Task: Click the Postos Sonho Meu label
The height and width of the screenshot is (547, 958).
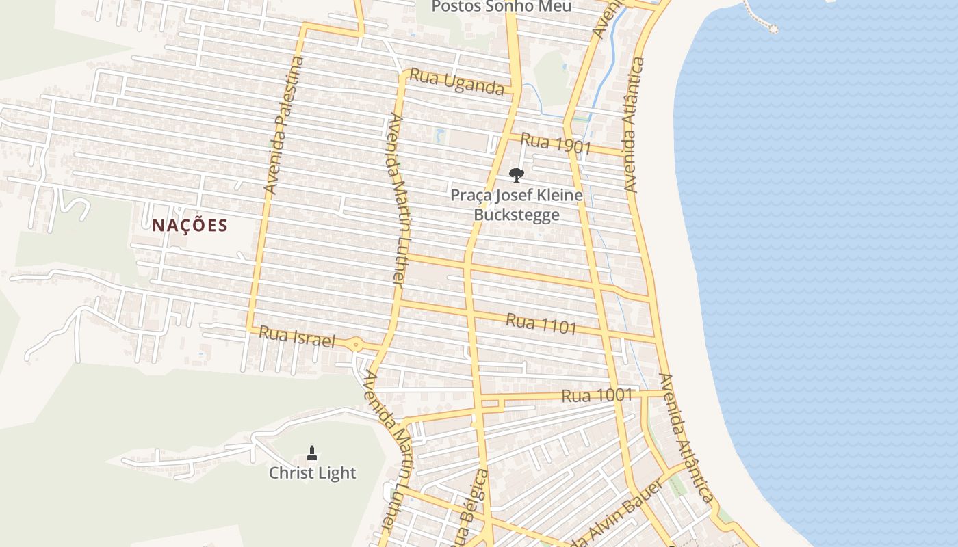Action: click(x=502, y=7)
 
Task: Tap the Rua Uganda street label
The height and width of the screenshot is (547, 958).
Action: click(x=456, y=83)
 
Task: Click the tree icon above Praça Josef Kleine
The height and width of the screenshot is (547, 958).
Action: click(x=517, y=174)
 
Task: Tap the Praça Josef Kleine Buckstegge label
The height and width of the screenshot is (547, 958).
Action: click(x=517, y=205)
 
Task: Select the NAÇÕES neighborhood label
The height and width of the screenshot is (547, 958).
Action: click(x=190, y=226)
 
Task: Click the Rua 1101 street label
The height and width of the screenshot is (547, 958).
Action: click(x=541, y=324)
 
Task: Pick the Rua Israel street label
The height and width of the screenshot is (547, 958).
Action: click(x=297, y=336)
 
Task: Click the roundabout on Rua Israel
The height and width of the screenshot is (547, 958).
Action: click(x=356, y=345)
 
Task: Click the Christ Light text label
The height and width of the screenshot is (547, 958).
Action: click(x=312, y=472)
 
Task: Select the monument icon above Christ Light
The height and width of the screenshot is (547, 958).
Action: click(x=312, y=452)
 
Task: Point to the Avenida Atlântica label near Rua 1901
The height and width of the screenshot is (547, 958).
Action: click(x=634, y=124)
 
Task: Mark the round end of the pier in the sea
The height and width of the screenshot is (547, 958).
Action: click(x=773, y=28)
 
